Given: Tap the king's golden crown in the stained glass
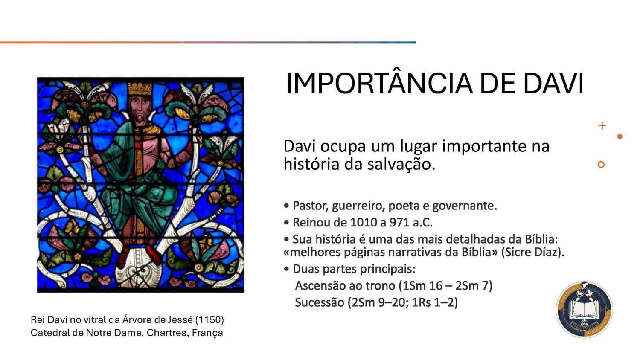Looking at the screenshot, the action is tap(140, 88).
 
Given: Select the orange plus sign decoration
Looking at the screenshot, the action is tap(602, 126).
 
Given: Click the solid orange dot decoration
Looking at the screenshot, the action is tap(620, 136).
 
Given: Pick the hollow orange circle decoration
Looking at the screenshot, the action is tap(601, 165).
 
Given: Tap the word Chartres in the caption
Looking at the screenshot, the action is tap(166, 333).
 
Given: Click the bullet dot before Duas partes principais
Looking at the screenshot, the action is tap(286, 269).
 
